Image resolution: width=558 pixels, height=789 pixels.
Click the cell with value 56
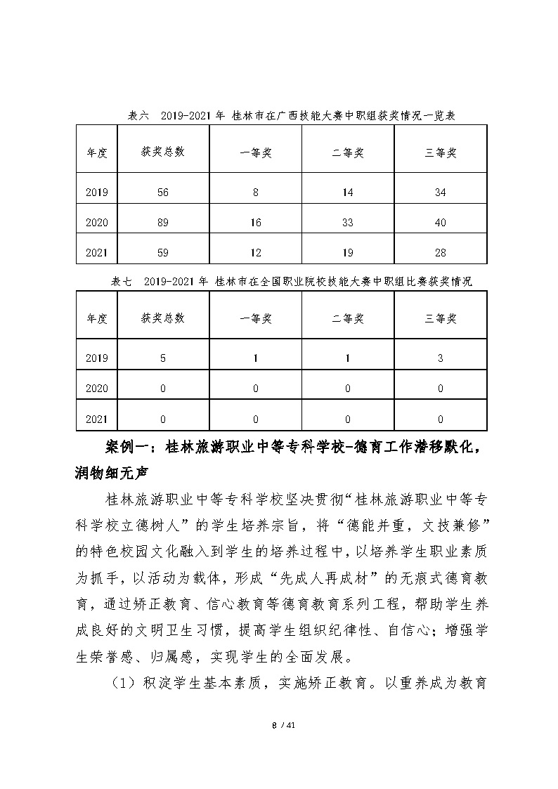coord(163,193)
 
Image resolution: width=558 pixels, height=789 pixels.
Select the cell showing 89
coord(163,223)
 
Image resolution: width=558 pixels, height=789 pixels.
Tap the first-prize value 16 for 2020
coord(255,223)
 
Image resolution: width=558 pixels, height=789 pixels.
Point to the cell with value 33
coord(347,223)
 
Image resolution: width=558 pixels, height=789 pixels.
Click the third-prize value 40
coord(440,223)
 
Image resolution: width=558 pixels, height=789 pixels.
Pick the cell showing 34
coord(440,193)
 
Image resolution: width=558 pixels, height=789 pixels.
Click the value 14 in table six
coord(347,193)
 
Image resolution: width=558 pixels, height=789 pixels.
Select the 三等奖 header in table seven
coord(440,318)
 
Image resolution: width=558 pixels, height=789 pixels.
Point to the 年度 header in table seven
coord(96,318)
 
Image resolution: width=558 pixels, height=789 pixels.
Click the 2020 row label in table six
coord(96,223)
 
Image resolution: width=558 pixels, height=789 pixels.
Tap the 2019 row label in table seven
coord(96,358)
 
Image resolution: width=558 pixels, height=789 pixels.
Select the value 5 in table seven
coord(163,358)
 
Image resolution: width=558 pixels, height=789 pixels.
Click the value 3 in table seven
coord(440,358)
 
